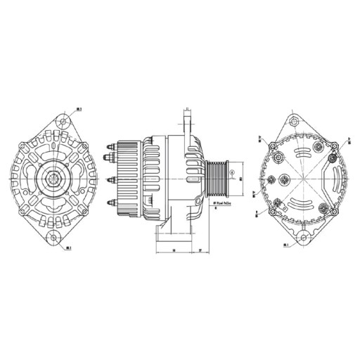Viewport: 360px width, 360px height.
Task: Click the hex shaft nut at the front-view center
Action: tap(53, 180)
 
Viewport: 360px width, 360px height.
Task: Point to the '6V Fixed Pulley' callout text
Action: tap(224, 205)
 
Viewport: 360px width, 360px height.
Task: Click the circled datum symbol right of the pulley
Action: tap(233, 167)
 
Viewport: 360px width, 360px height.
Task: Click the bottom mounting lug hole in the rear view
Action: tap(303, 238)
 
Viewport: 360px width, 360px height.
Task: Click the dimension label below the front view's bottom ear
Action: tap(67, 248)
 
